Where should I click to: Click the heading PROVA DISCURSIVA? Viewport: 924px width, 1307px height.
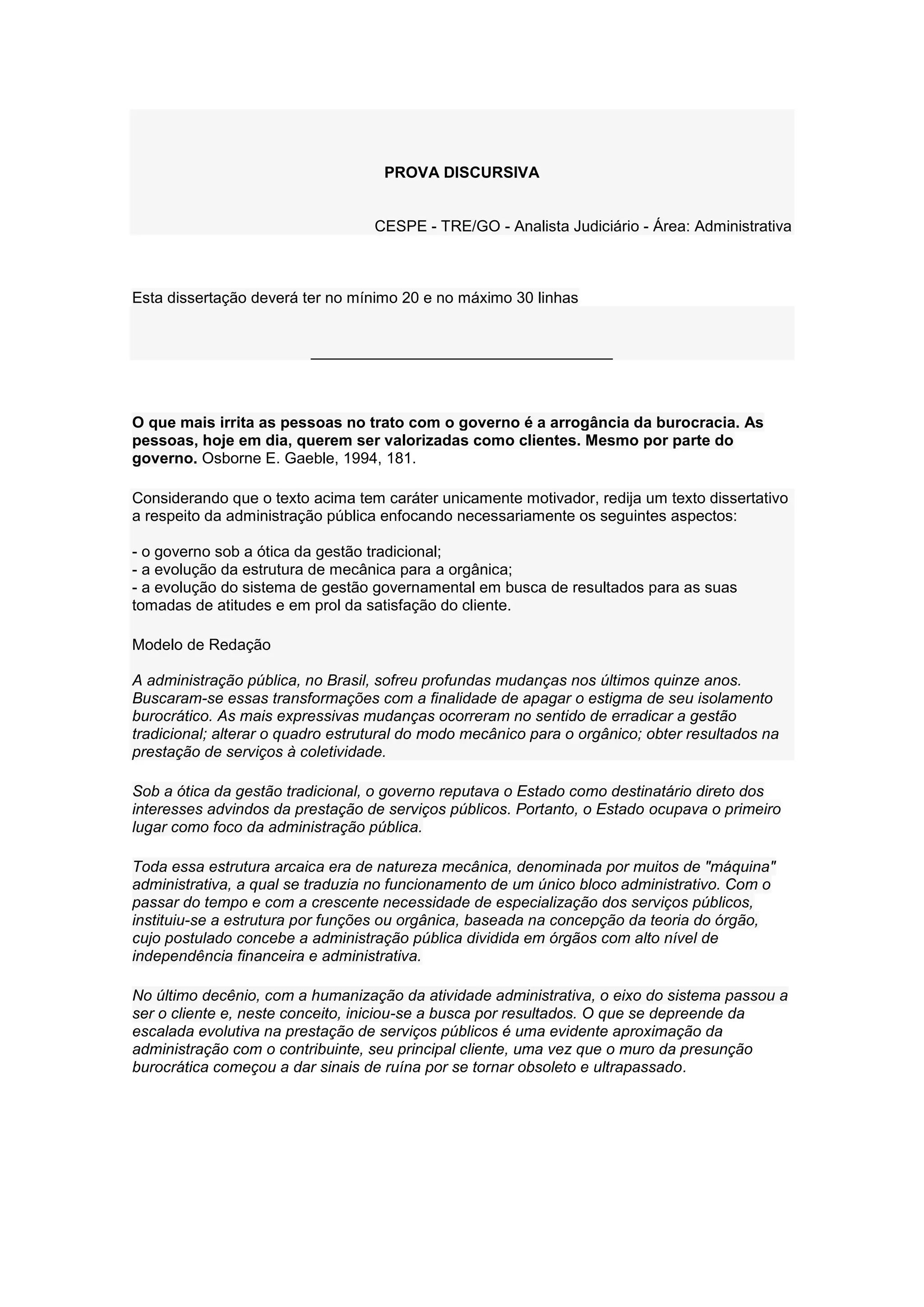point(462,173)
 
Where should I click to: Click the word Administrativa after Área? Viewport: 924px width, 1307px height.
point(743,227)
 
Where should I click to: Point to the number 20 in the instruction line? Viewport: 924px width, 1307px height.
point(410,298)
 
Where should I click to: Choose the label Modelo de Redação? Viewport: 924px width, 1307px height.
point(201,645)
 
